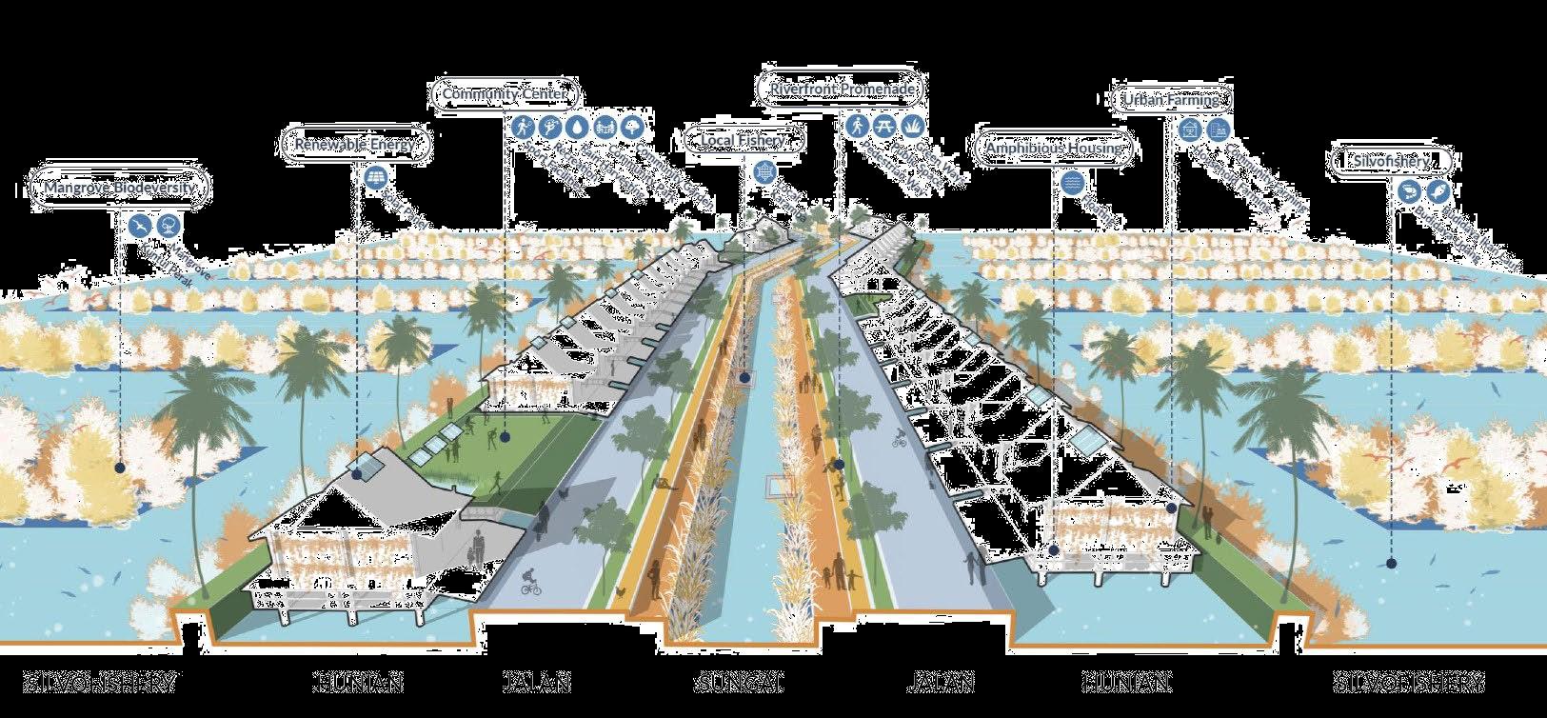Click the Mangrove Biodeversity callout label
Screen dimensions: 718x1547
pos(119,187)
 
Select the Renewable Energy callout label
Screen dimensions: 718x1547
pos(355,145)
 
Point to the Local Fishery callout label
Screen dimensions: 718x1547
pos(743,141)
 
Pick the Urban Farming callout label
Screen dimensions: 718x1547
pos(1171,99)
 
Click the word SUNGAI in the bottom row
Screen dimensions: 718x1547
pos(740,683)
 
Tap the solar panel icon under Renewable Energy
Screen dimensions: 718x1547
pos(372,177)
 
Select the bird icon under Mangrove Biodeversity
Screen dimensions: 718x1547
pos(140,226)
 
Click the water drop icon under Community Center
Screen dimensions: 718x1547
pos(578,127)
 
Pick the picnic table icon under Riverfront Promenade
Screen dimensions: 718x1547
pos(884,125)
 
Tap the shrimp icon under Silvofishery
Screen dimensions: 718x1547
pos(1440,191)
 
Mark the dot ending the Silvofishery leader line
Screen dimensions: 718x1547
pos(1391,564)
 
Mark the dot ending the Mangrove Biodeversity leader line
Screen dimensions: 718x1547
pos(120,468)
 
